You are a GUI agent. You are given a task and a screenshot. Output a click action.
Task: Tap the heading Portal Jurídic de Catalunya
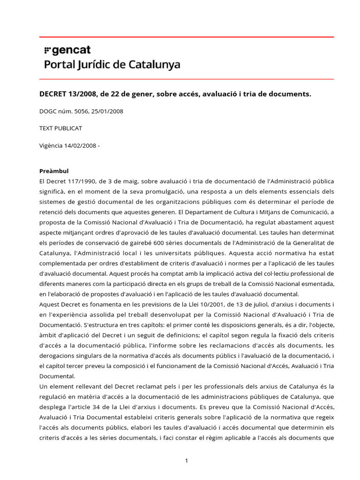point(112,64)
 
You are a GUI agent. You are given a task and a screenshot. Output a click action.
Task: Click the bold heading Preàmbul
point(54,171)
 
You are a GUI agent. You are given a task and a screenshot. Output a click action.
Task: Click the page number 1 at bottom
point(187,461)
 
